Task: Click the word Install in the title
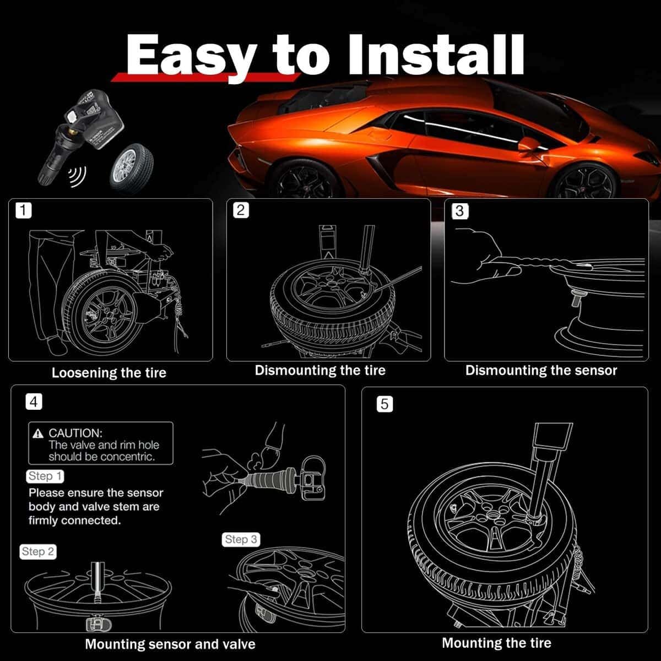click(x=436, y=54)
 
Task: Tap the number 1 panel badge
click(x=23, y=210)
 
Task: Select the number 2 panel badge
click(x=241, y=210)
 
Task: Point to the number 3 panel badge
click(x=459, y=210)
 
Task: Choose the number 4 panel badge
click(x=34, y=402)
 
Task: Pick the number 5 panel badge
click(x=384, y=404)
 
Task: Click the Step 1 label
click(x=45, y=476)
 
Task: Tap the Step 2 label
click(x=38, y=551)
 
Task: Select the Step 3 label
click(x=241, y=539)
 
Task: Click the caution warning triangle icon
click(x=38, y=434)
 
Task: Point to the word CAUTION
click(x=75, y=434)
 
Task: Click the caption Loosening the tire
click(x=109, y=373)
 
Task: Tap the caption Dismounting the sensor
click(x=541, y=371)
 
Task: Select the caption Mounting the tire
click(x=497, y=643)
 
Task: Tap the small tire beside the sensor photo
click(x=132, y=169)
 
